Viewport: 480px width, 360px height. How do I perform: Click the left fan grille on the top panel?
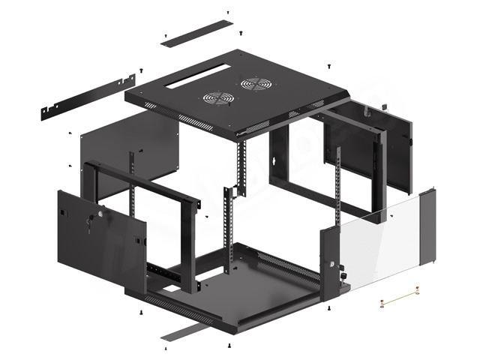[x=217, y=97]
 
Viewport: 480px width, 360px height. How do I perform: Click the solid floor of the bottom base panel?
[x=247, y=289]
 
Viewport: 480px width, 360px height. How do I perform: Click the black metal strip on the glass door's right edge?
[x=430, y=225]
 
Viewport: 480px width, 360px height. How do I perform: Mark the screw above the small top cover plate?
[x=227, y=13]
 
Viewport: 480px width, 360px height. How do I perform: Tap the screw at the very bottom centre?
[x=228, y=346]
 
